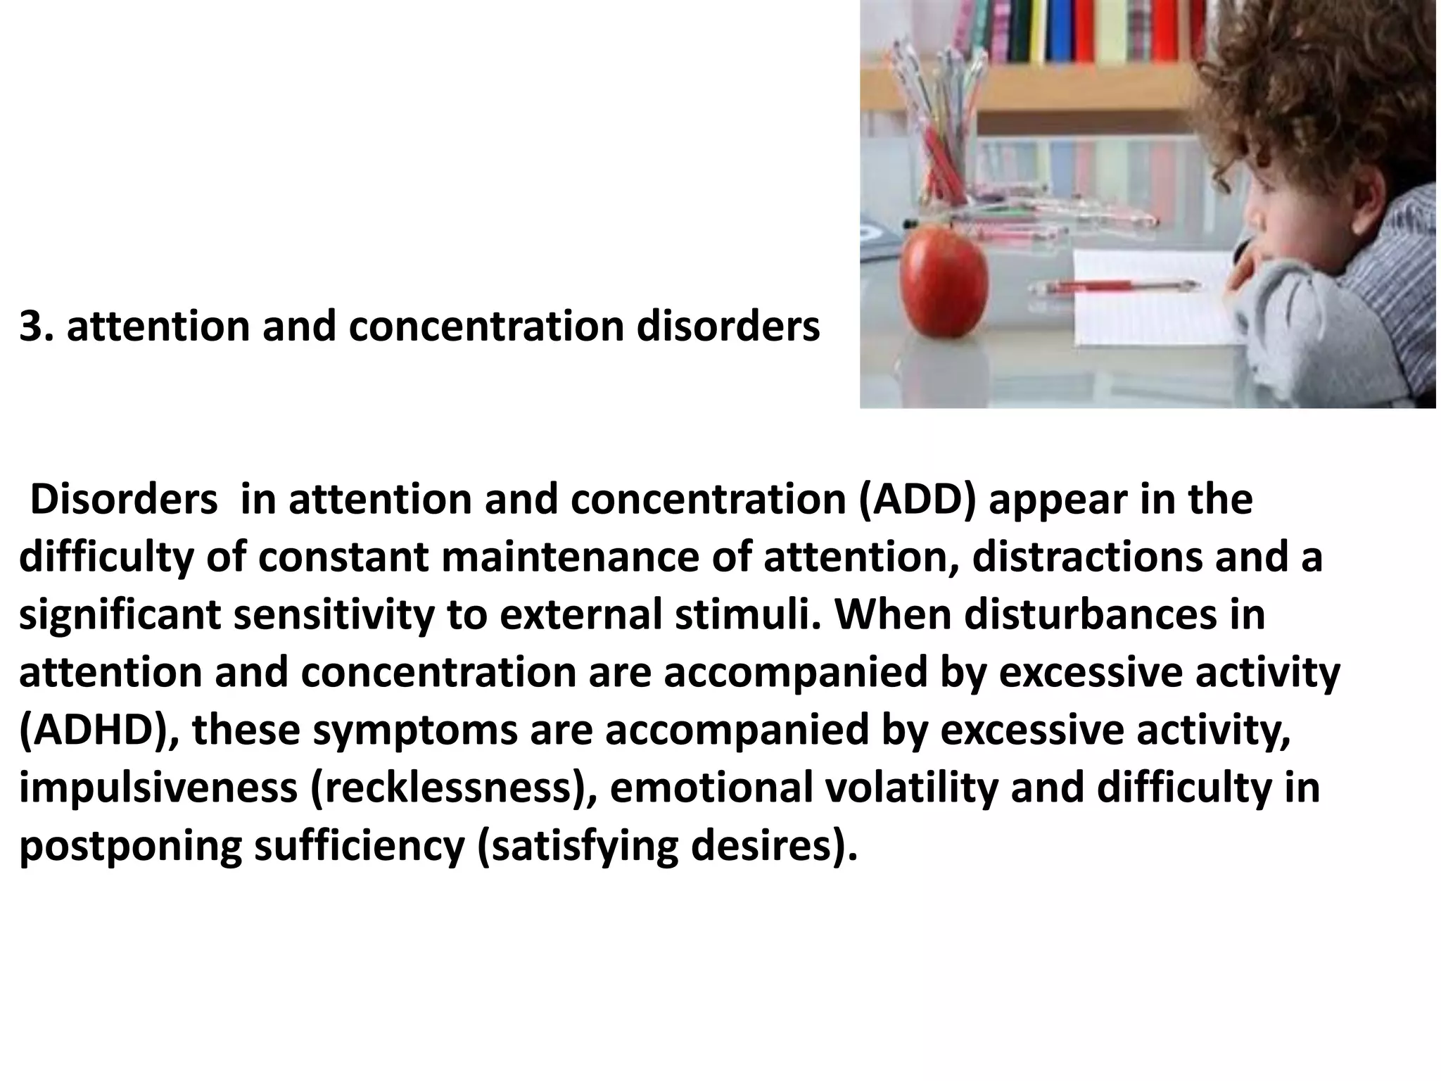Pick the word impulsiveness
pyautogui.click(x=158, y=788)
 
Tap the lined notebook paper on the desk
pyautogui.click(x=1154, y=310)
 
